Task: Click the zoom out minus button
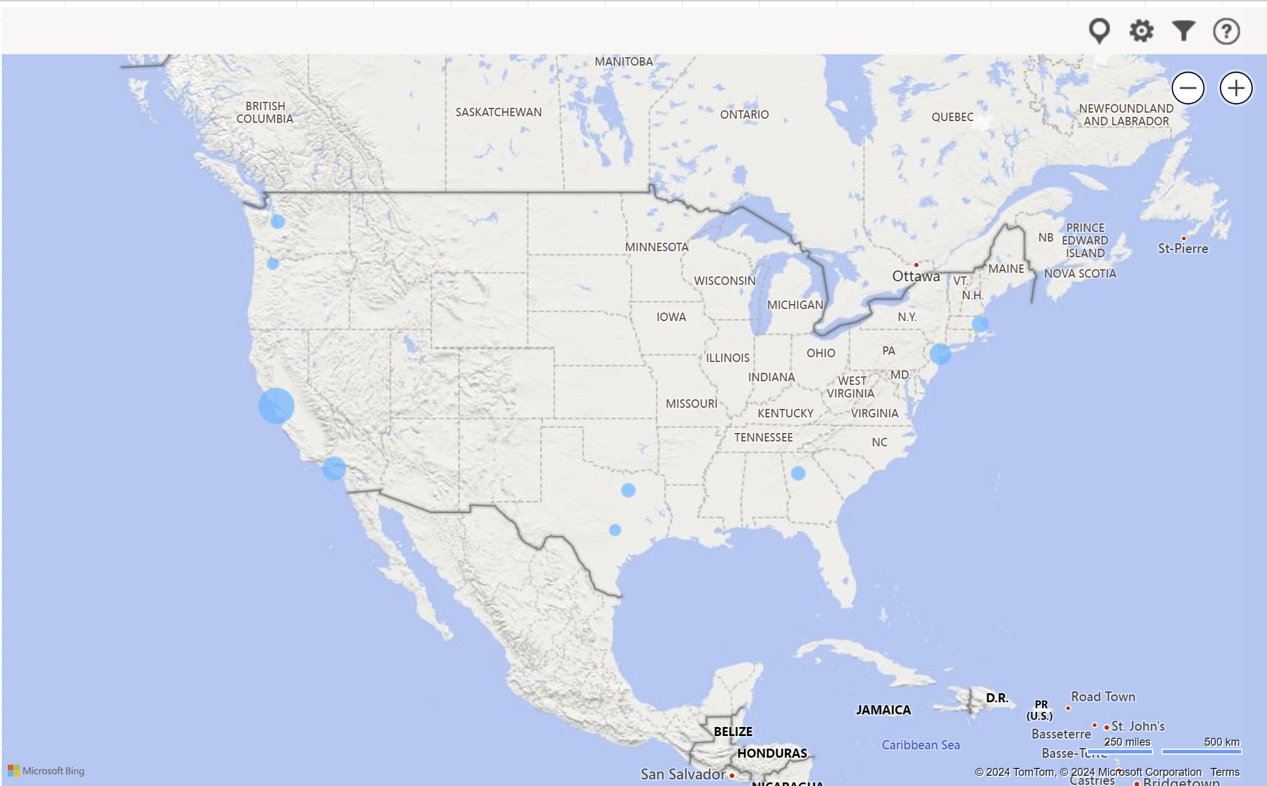tap(1187, 88)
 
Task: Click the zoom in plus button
tap(1236, 88)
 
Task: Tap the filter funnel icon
tap(1183, 30)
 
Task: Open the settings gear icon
tap(1141, 30)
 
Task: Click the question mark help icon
tap(1226, 31)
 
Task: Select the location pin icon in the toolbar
tap(1099, 30)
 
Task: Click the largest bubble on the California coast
tap(277, 405)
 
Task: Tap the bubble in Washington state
tap(278, 222)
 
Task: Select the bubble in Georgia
tap(798, 473)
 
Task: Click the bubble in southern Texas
tap(615, 530)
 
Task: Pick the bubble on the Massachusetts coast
tap(980, 324)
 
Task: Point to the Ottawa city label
tap(916, 276)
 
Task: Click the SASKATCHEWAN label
tap(498, 112)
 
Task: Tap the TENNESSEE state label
tap(763, 437)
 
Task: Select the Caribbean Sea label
tap(921, 745)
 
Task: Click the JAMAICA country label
tap(883, 710)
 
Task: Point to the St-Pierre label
tap(1183, 249)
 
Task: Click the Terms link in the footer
tap(1225, 772)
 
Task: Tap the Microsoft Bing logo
tap(46, 771)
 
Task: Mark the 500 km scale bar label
tap(1221, 742)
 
